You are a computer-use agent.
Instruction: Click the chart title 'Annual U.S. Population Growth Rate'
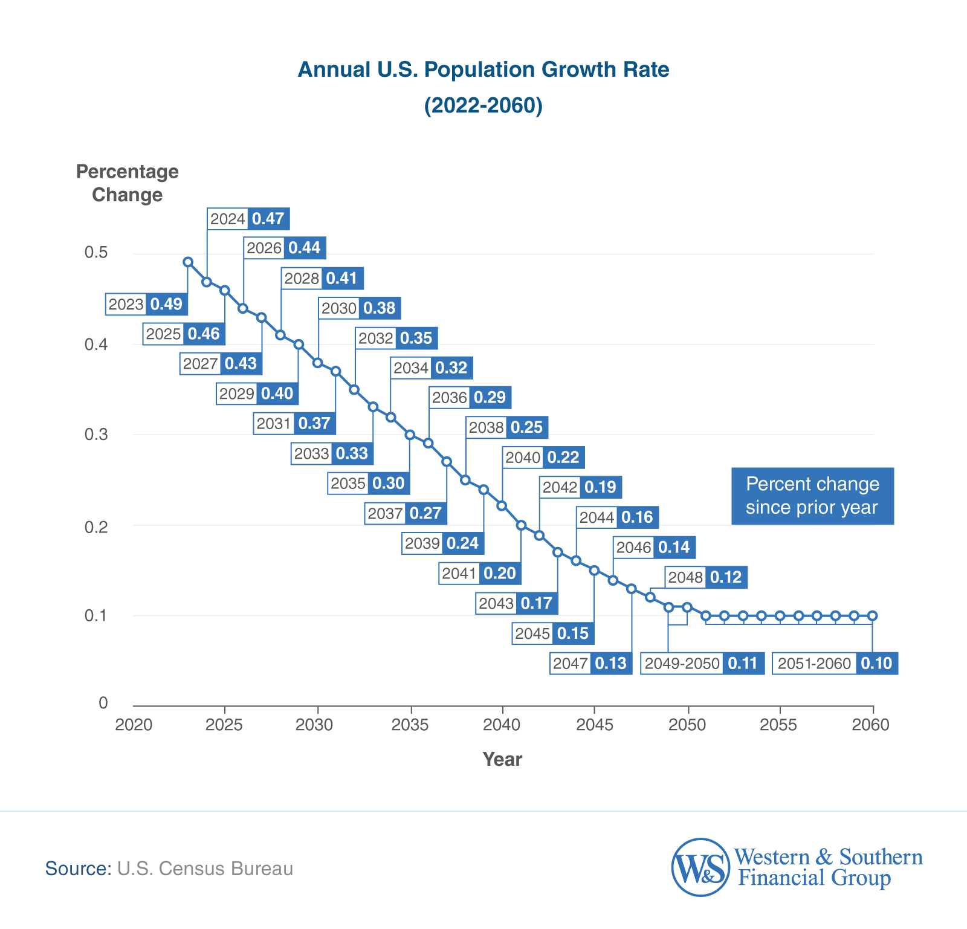[483, 70]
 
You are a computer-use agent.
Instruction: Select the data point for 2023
[188, 262]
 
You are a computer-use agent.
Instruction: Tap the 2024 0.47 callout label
[248, 219]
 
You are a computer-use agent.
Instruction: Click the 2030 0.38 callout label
[360, 308]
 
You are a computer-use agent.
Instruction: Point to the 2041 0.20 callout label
[480, 573]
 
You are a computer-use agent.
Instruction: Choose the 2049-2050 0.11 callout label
[702, 663]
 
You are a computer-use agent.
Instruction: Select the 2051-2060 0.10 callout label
[835, 663]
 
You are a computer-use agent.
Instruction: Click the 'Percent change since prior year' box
[812, 496]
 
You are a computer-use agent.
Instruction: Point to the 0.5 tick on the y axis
[96, 252]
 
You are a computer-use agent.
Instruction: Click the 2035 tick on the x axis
[410, 724]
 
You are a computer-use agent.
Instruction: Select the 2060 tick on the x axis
[871, 724]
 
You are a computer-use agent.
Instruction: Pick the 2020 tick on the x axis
[134, 724]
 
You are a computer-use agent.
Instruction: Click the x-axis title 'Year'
[502, 759]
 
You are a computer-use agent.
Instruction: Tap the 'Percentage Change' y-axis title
[128, 183]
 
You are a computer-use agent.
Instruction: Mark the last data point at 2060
[872, 616]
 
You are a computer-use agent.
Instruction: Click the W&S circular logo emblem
[700, 867]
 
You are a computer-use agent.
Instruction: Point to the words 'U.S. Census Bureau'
[205, 869]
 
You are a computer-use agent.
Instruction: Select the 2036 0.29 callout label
[470, 398]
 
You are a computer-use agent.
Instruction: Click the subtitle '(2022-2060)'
[483, 105]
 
